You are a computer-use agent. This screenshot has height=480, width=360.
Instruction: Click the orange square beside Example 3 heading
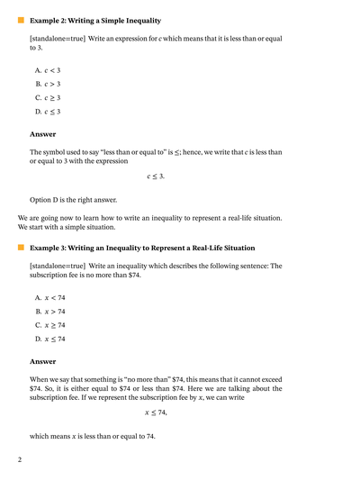pyautogui.click(x=21, y=247)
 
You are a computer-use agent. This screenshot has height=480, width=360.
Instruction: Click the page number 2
pyautogui.click(x=19, y=459)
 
